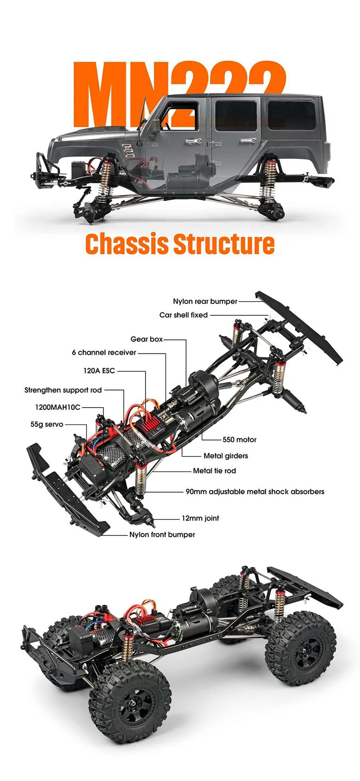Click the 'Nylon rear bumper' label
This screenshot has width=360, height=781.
pos(205,301)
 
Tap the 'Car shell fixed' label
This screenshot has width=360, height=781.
pos(183,315)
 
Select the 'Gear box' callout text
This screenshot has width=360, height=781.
pos(146,339)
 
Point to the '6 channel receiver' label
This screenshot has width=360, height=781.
pos(104,352)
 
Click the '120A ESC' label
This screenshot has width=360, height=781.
pos(99,370)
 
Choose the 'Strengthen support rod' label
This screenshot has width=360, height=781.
pos(63,390)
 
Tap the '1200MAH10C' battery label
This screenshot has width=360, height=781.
pos(58,407)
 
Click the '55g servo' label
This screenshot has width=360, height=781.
pos(47,424)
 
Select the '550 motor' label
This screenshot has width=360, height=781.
pos(239,440)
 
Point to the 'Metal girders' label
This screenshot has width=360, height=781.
pos(226,456)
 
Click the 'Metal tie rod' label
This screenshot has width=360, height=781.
pos(214,471)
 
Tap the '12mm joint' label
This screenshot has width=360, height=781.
pos(200,518)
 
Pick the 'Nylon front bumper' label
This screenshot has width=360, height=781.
pos(162,535)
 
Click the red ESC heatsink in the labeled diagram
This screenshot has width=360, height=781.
pos(148,426)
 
